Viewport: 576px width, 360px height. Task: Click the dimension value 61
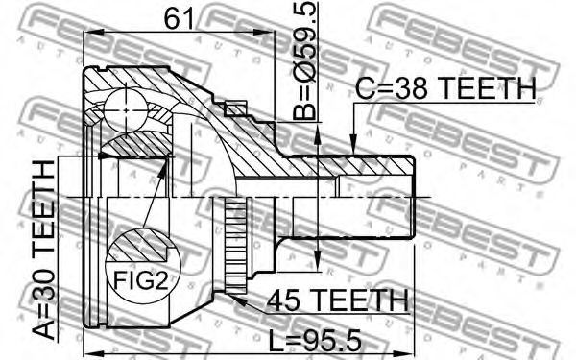[x=179, y=18]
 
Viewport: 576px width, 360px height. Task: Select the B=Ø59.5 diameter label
[x=305, y=60]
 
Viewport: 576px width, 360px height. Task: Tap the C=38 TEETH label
[x=446, y=89]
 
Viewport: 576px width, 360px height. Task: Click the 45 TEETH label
[x=338, y=300]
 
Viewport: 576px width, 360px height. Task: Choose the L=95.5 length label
[x=315, y=340]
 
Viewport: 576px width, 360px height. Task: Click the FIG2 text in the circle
[x=141, y=280]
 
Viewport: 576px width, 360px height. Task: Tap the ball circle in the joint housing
[x=126, y=109]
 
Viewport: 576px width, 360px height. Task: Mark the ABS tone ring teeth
[x=235, y=246]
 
